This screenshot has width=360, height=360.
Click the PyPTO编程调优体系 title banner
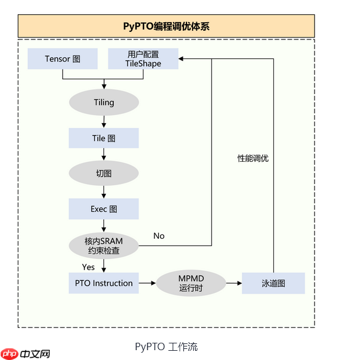[166, 26]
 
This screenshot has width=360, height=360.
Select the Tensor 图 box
[63, 59]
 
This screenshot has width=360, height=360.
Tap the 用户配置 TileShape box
[143, 59]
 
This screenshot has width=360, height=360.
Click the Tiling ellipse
[104, 102]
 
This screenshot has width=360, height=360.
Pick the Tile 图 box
[104, 138]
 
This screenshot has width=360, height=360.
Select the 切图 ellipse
[104, 174]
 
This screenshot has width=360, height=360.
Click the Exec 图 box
[104, 209]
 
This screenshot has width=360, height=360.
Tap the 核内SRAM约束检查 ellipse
[104, 246]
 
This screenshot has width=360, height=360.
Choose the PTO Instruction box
[104, 283]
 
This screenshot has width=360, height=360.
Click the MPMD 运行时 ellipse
[191, 283]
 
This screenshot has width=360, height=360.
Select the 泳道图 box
[273, 284]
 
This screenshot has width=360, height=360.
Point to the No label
[159, 236]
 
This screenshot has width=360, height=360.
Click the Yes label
[89, 266]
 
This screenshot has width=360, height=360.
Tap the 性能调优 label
[253, 158]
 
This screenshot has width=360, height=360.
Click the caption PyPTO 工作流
[166, 347]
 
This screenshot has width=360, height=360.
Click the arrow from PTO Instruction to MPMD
[147, 283]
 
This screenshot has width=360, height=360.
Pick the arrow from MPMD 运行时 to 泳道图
[234, 284]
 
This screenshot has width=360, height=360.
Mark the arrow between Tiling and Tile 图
[104, 121]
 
